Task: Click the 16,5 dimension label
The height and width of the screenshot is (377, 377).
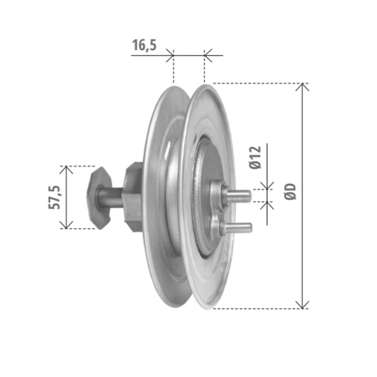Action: (x=145, y=45)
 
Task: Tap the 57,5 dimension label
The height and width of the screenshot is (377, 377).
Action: (x=54, y=197)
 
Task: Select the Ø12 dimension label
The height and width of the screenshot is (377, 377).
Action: (x=255, y=158)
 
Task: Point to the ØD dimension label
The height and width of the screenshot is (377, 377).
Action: (x=290, y=192)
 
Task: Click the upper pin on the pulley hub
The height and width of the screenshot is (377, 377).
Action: (x=238, y=195)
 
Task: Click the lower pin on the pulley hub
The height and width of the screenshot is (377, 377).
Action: (x=239, y=227)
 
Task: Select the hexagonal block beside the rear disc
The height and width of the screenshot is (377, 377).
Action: (x=133, y=197)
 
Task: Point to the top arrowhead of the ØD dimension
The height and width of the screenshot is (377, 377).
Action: (x=302, y=87)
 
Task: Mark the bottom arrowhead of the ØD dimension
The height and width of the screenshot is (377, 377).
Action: (x=302, y=305)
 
